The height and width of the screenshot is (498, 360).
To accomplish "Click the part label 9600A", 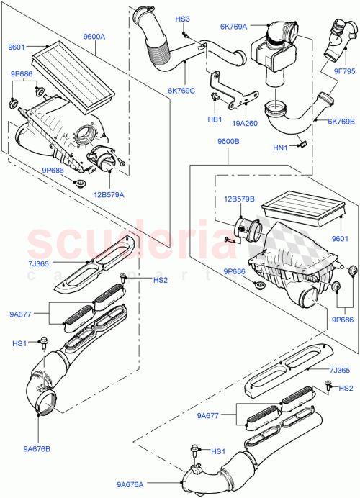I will click(94, 36).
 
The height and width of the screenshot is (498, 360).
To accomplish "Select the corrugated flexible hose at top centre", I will click(159, 50).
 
